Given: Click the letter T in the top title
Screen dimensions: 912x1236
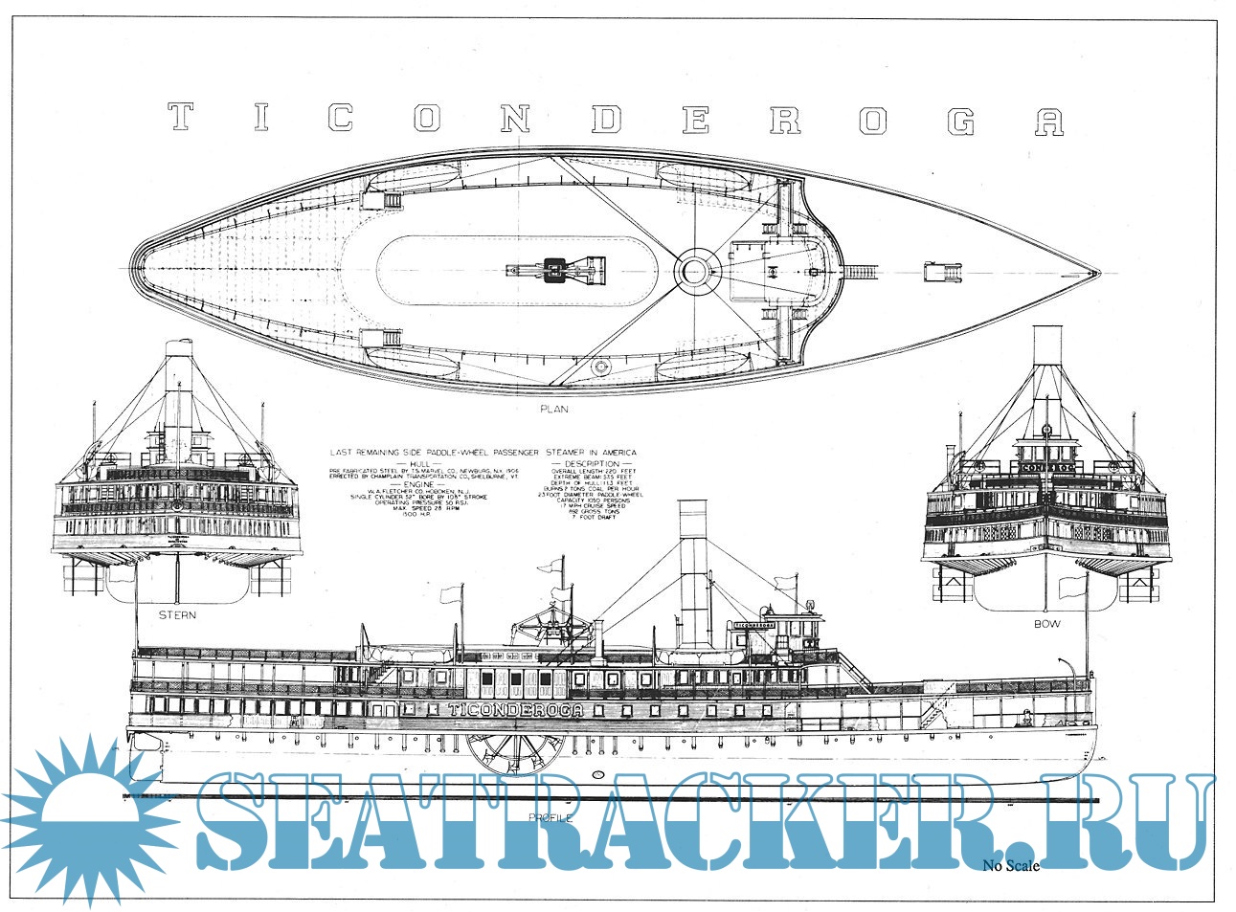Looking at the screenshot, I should click(180, 117).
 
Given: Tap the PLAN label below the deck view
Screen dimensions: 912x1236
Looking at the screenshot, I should click(553, 410).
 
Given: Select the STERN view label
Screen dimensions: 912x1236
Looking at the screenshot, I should click(177, 614).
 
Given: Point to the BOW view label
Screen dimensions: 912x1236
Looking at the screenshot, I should click(1046, 623).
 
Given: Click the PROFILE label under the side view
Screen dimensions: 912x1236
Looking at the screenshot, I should click(551, 818).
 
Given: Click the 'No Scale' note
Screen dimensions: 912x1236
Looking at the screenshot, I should click(1010, 866).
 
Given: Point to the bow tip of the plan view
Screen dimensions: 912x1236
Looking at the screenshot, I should click(1096, 273).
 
